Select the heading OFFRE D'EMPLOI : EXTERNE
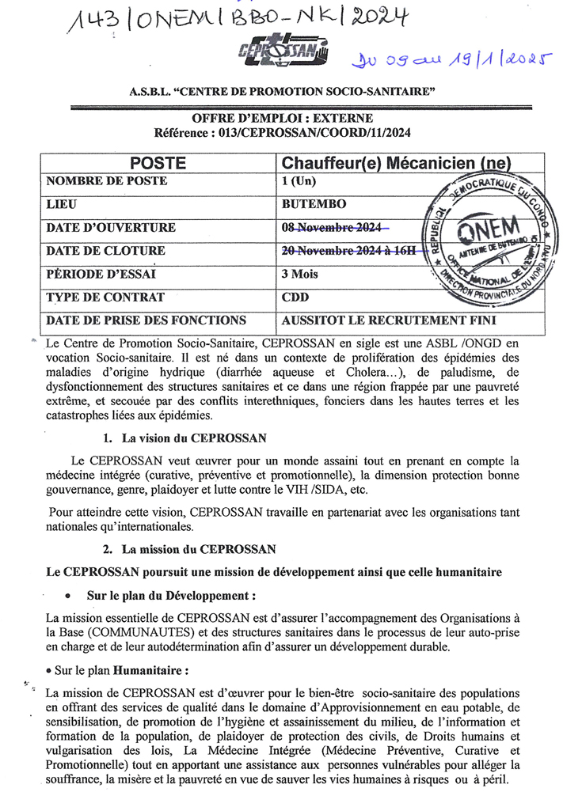point(283,118)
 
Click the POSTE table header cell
point(158,164)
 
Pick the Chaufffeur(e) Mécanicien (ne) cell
point(397,164)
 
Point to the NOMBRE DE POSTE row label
point(107,181)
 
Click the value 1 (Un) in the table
point(299,181)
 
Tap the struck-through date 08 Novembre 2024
point(333,228)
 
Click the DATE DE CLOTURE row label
point(106,251)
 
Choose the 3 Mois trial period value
point(301,275)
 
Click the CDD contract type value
point(295,297)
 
